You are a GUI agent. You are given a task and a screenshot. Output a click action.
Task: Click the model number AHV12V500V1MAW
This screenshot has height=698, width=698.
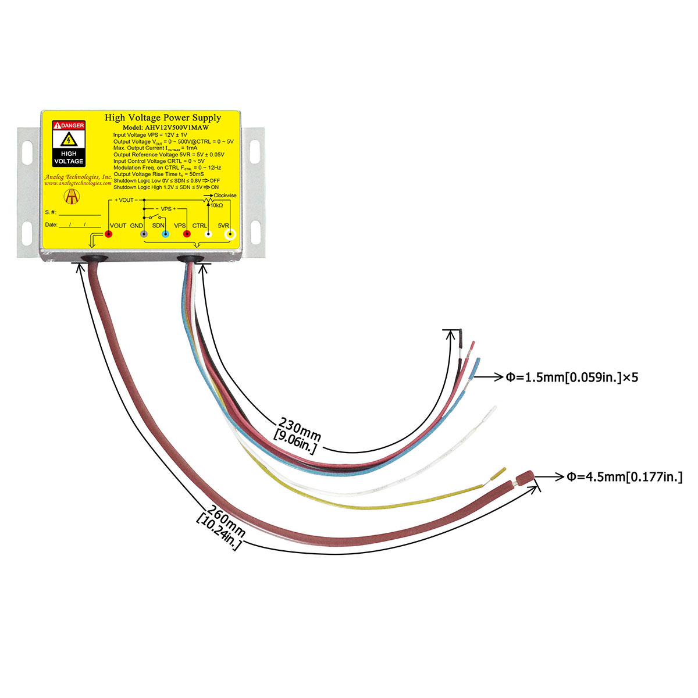click(177, 127)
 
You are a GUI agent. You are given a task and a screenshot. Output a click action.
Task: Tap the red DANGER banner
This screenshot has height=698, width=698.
click(69, 125)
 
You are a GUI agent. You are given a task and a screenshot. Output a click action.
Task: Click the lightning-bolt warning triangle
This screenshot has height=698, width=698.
click(69, 140)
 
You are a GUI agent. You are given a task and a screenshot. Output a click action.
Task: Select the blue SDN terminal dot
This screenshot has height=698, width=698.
click(166, 234)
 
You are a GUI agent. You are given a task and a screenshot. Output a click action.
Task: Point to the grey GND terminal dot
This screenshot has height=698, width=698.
click(144, 234)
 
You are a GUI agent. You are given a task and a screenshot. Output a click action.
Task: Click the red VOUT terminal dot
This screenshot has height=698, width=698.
click(108, 234)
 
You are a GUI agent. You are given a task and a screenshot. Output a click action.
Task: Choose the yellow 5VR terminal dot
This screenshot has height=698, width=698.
click(230, 234)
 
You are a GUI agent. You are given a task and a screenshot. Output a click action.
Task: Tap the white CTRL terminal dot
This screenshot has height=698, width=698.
click(208, 234)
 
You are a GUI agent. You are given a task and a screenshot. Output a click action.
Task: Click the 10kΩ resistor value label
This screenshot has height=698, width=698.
click(216, 205)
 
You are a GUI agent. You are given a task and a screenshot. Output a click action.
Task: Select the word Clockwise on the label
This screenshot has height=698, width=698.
click(225, 195)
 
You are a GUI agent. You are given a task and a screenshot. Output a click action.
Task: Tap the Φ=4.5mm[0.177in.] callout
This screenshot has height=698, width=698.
click(625, 477)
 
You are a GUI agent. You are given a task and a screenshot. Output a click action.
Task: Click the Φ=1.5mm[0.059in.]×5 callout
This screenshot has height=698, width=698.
click(572, 378)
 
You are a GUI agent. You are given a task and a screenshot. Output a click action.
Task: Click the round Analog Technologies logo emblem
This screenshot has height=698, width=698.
click(72, 197)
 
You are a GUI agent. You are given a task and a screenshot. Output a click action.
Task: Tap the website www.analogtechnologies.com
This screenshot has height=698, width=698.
click(78, 183)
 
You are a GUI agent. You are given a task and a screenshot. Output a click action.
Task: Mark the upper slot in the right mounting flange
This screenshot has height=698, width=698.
click(255, 151)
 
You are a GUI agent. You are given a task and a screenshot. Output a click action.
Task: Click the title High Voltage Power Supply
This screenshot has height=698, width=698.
click(163, 117)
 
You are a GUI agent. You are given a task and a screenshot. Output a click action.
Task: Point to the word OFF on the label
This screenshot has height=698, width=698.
click(215, 180)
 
